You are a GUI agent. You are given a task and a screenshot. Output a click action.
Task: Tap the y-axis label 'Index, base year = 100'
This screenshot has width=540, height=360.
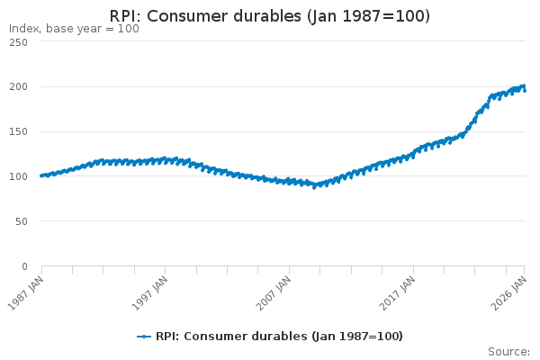click(x=74, y=29)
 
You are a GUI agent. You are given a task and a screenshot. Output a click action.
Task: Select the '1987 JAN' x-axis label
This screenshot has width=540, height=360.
click(x=26, y=292)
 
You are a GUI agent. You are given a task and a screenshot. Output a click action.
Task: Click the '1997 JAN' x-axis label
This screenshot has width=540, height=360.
click(x=150, y=292)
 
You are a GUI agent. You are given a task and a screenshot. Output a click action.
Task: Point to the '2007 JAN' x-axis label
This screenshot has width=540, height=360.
click(x=274, y=292)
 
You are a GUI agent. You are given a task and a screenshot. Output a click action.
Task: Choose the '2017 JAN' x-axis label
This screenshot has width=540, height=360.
click(x=399, y=292)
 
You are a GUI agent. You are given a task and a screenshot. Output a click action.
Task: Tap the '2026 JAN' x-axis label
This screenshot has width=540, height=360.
click(x=509, y=292)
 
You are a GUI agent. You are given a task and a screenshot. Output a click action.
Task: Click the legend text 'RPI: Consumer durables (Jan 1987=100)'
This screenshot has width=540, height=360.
click(x=279, y=337)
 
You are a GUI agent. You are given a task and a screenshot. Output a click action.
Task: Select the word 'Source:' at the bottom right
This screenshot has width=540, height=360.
click(x=508, y=352)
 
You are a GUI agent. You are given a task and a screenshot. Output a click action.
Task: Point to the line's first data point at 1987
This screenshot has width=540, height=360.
click(x=41, y=175)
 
